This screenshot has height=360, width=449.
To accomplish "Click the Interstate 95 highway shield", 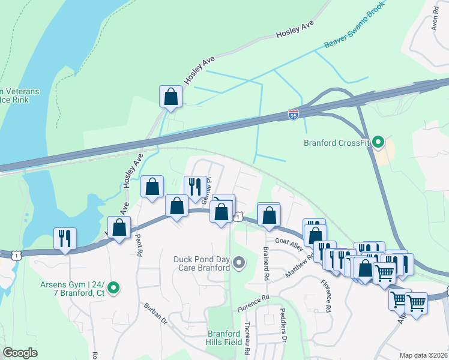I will (x=294, y=113).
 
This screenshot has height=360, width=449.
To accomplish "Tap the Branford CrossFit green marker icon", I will (x=378, y=143).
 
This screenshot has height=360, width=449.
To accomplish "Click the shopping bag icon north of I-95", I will (x=171, y=97).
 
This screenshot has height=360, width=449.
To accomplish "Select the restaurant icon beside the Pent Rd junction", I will (x=65, y=238).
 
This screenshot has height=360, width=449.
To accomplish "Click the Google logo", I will (x=20, y=353).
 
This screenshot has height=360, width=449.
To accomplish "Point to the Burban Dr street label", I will (x=154, y=313).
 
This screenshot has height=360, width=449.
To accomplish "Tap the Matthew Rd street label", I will (x=300, y=264).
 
